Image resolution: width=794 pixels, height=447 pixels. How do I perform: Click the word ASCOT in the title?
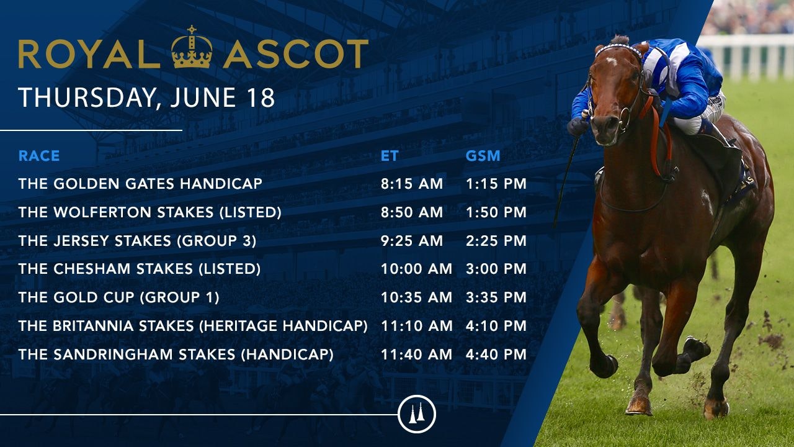(x=296, y=54)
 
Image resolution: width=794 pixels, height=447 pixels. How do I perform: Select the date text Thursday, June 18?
(x=146, y=98)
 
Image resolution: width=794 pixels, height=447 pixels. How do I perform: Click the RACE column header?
(x=39, y=156)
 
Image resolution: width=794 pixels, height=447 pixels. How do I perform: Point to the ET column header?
(x=390, y=156)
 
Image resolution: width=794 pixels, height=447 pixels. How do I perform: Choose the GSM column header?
(x=483, y=156)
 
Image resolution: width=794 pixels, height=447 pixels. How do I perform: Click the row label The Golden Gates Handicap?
(x=140, y=184)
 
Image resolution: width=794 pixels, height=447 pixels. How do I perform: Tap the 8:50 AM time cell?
(x=412, y=212)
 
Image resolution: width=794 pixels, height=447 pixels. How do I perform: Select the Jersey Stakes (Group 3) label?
(x=137, y=241)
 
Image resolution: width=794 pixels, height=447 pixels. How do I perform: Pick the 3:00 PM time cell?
(x=496, y=269)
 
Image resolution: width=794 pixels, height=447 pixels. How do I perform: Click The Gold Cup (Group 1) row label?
(x=118, y=298)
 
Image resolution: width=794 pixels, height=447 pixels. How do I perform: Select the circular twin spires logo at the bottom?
(x=417, y=414)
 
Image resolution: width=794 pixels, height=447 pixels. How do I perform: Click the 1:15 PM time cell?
(x=496, y=184)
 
